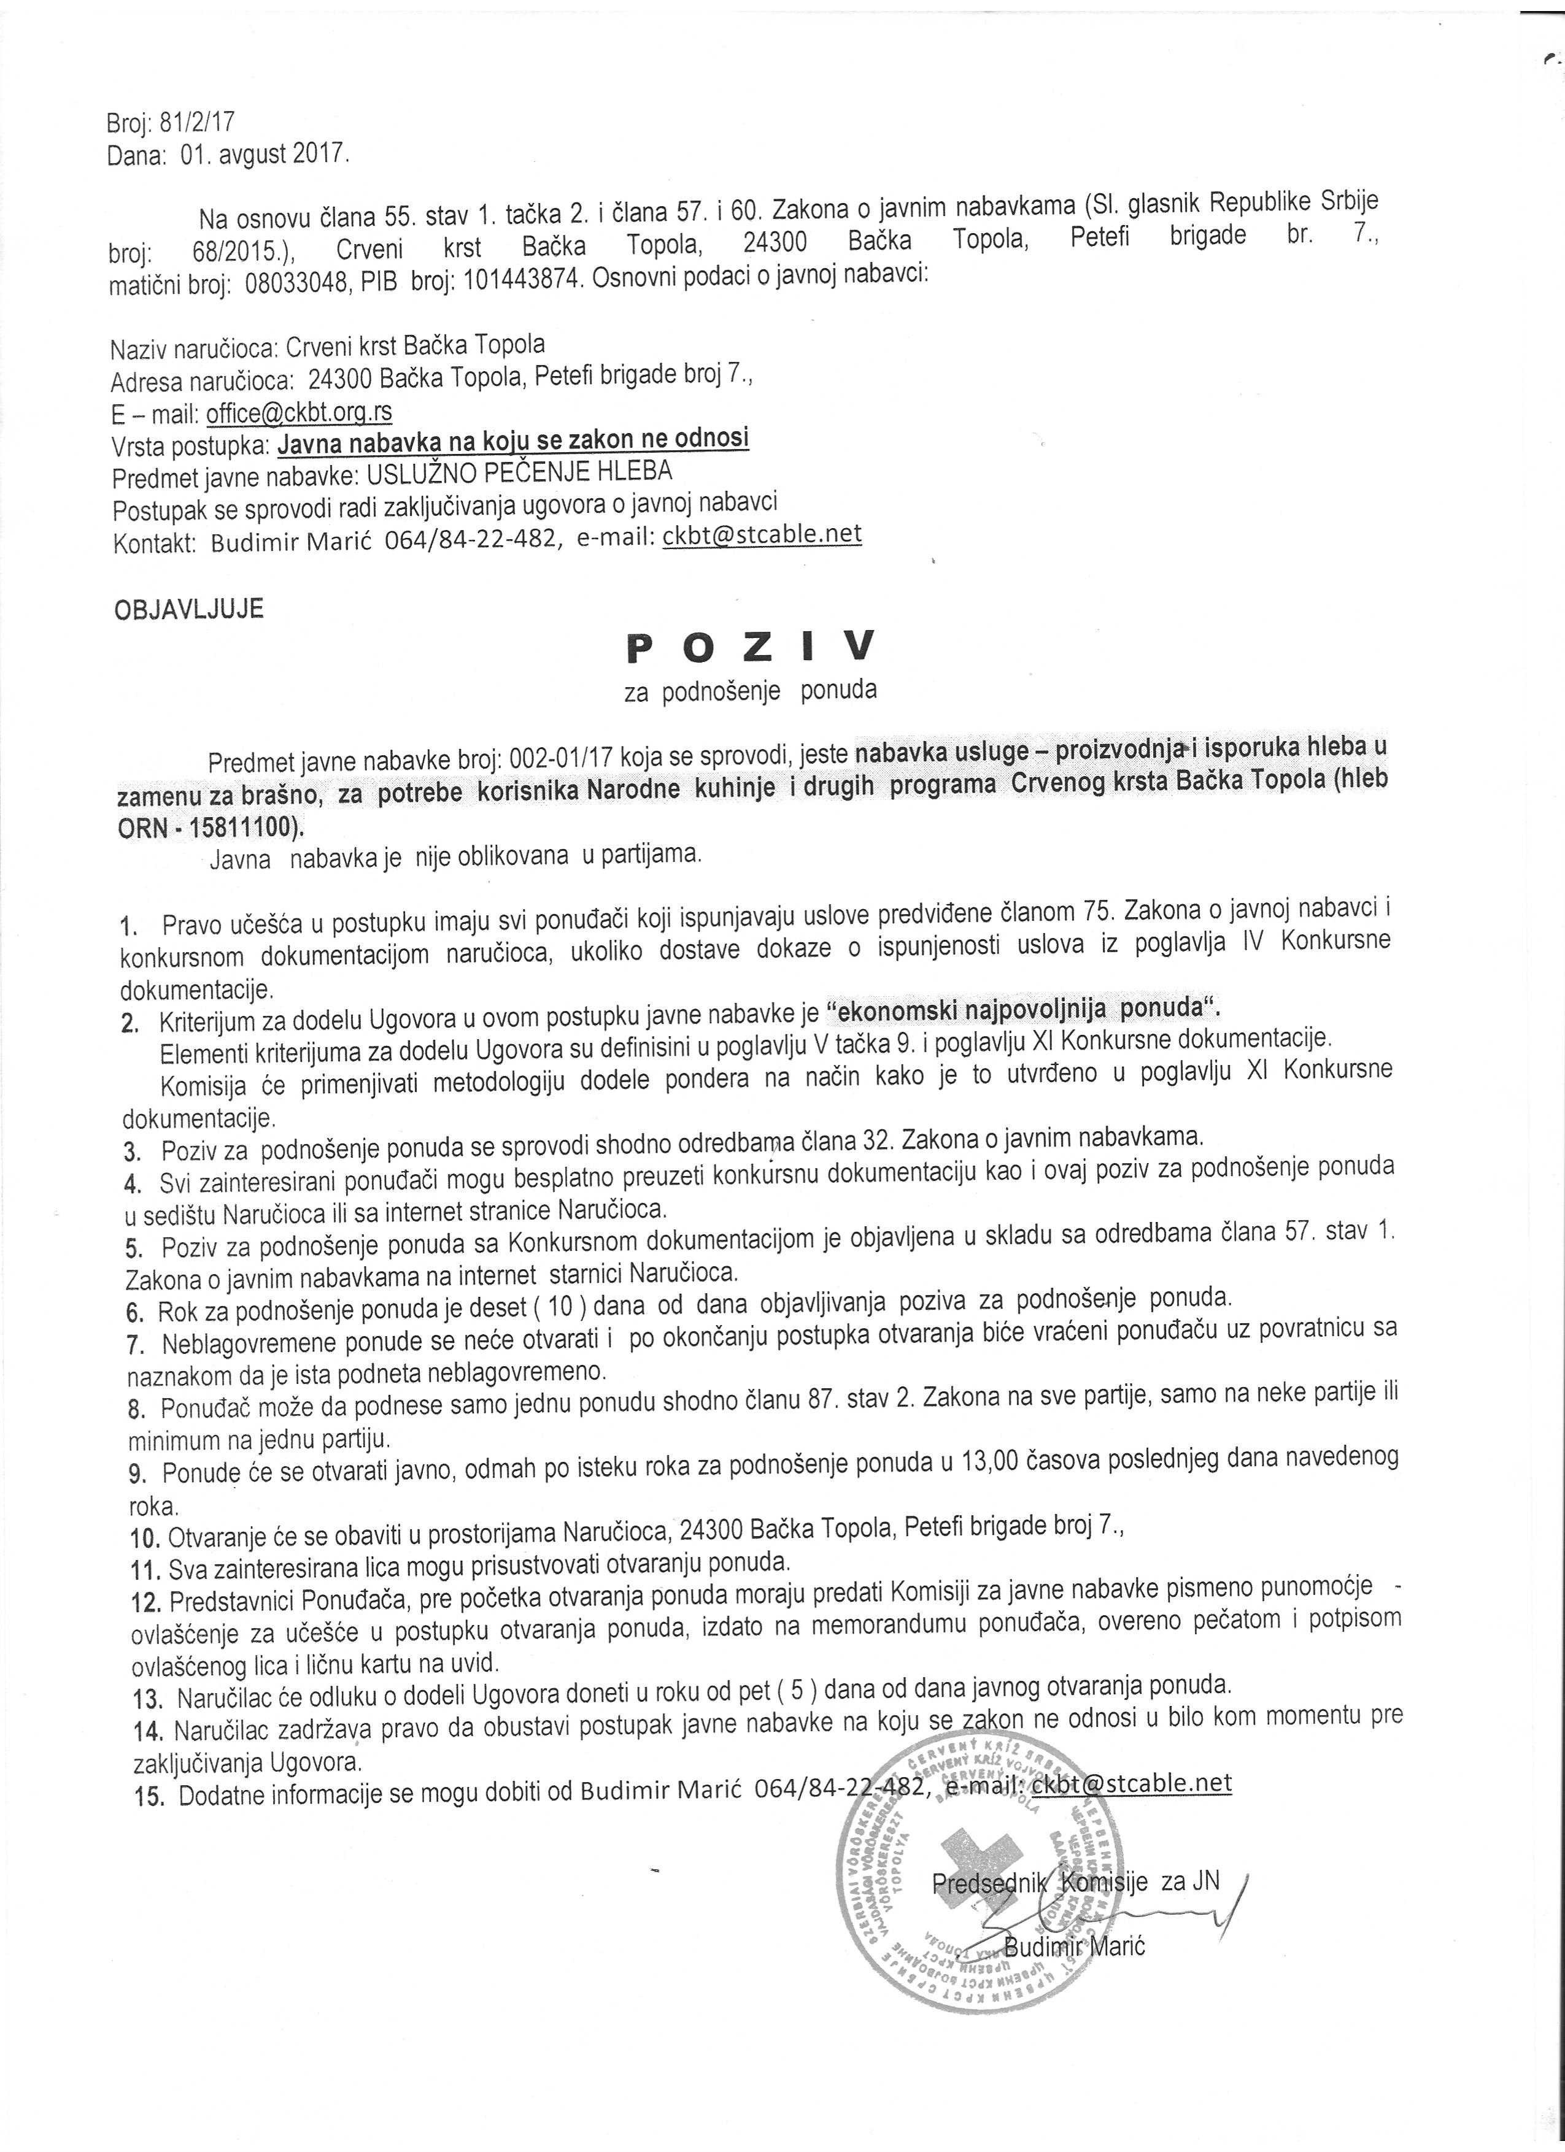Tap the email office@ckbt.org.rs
[299, 413]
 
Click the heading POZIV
[750, 648]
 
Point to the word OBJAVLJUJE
[189, 609]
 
